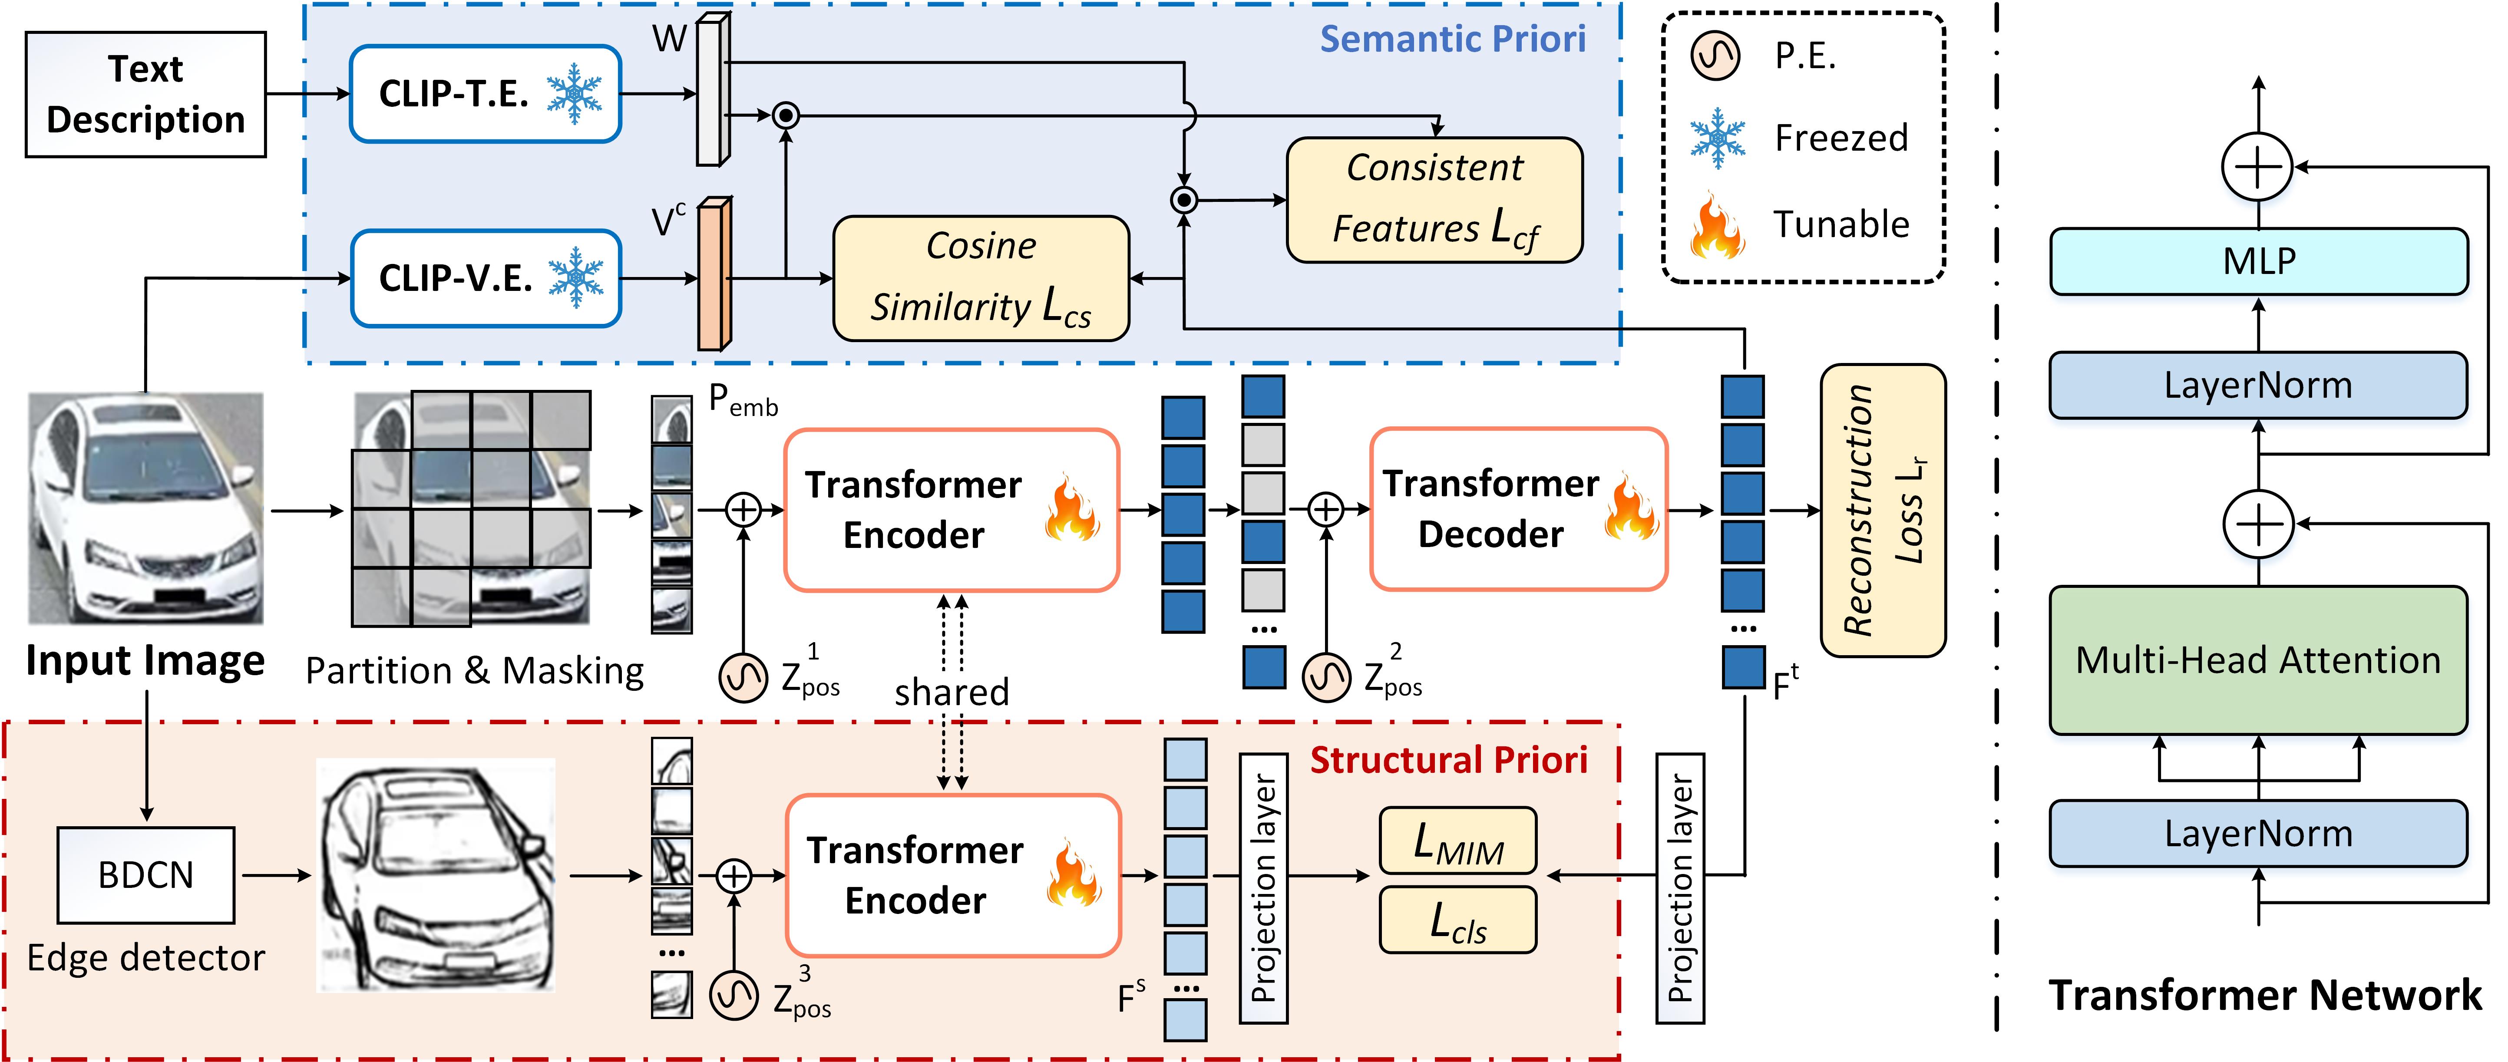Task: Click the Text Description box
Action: pyautogui.click(x=145, y=94)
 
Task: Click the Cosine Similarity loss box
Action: pyautogui.click(x=981, y=278)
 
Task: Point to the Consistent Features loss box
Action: pyautogui.click(x=1434, y=200)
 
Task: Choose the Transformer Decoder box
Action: pyautogui.click(x=1518, y=509)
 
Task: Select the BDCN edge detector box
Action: pyautogui.click(x=146, y=874)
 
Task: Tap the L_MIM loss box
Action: pyautogui.click(x=1457, y=841)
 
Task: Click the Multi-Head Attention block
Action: pyautogui.click(x=2258, y=660)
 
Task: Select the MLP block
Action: pyautogui.click(x=2258, y=261)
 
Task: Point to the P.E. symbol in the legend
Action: pyautogui.click(x=1715, y=56)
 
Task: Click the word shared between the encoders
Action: pyautogui.click(x=951, y=692)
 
